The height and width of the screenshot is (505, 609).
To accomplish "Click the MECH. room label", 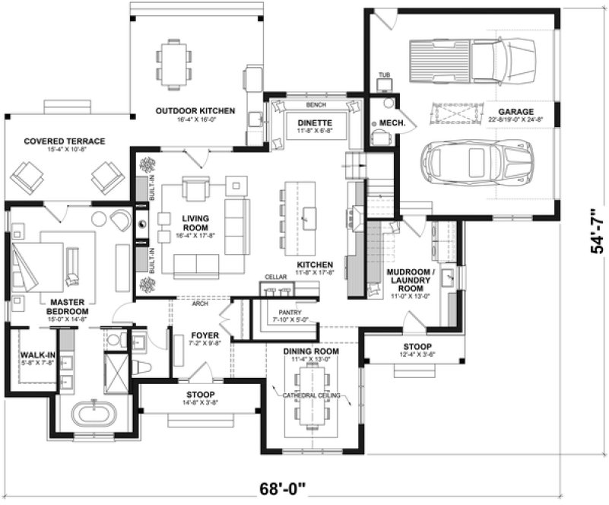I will [x=393, y=122].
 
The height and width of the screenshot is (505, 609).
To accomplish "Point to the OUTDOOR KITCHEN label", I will [x=195, y=111].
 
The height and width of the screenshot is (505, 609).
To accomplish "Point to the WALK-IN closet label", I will [x=35, y=355].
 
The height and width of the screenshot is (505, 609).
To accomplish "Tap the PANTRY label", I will [x=290, y=312].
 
